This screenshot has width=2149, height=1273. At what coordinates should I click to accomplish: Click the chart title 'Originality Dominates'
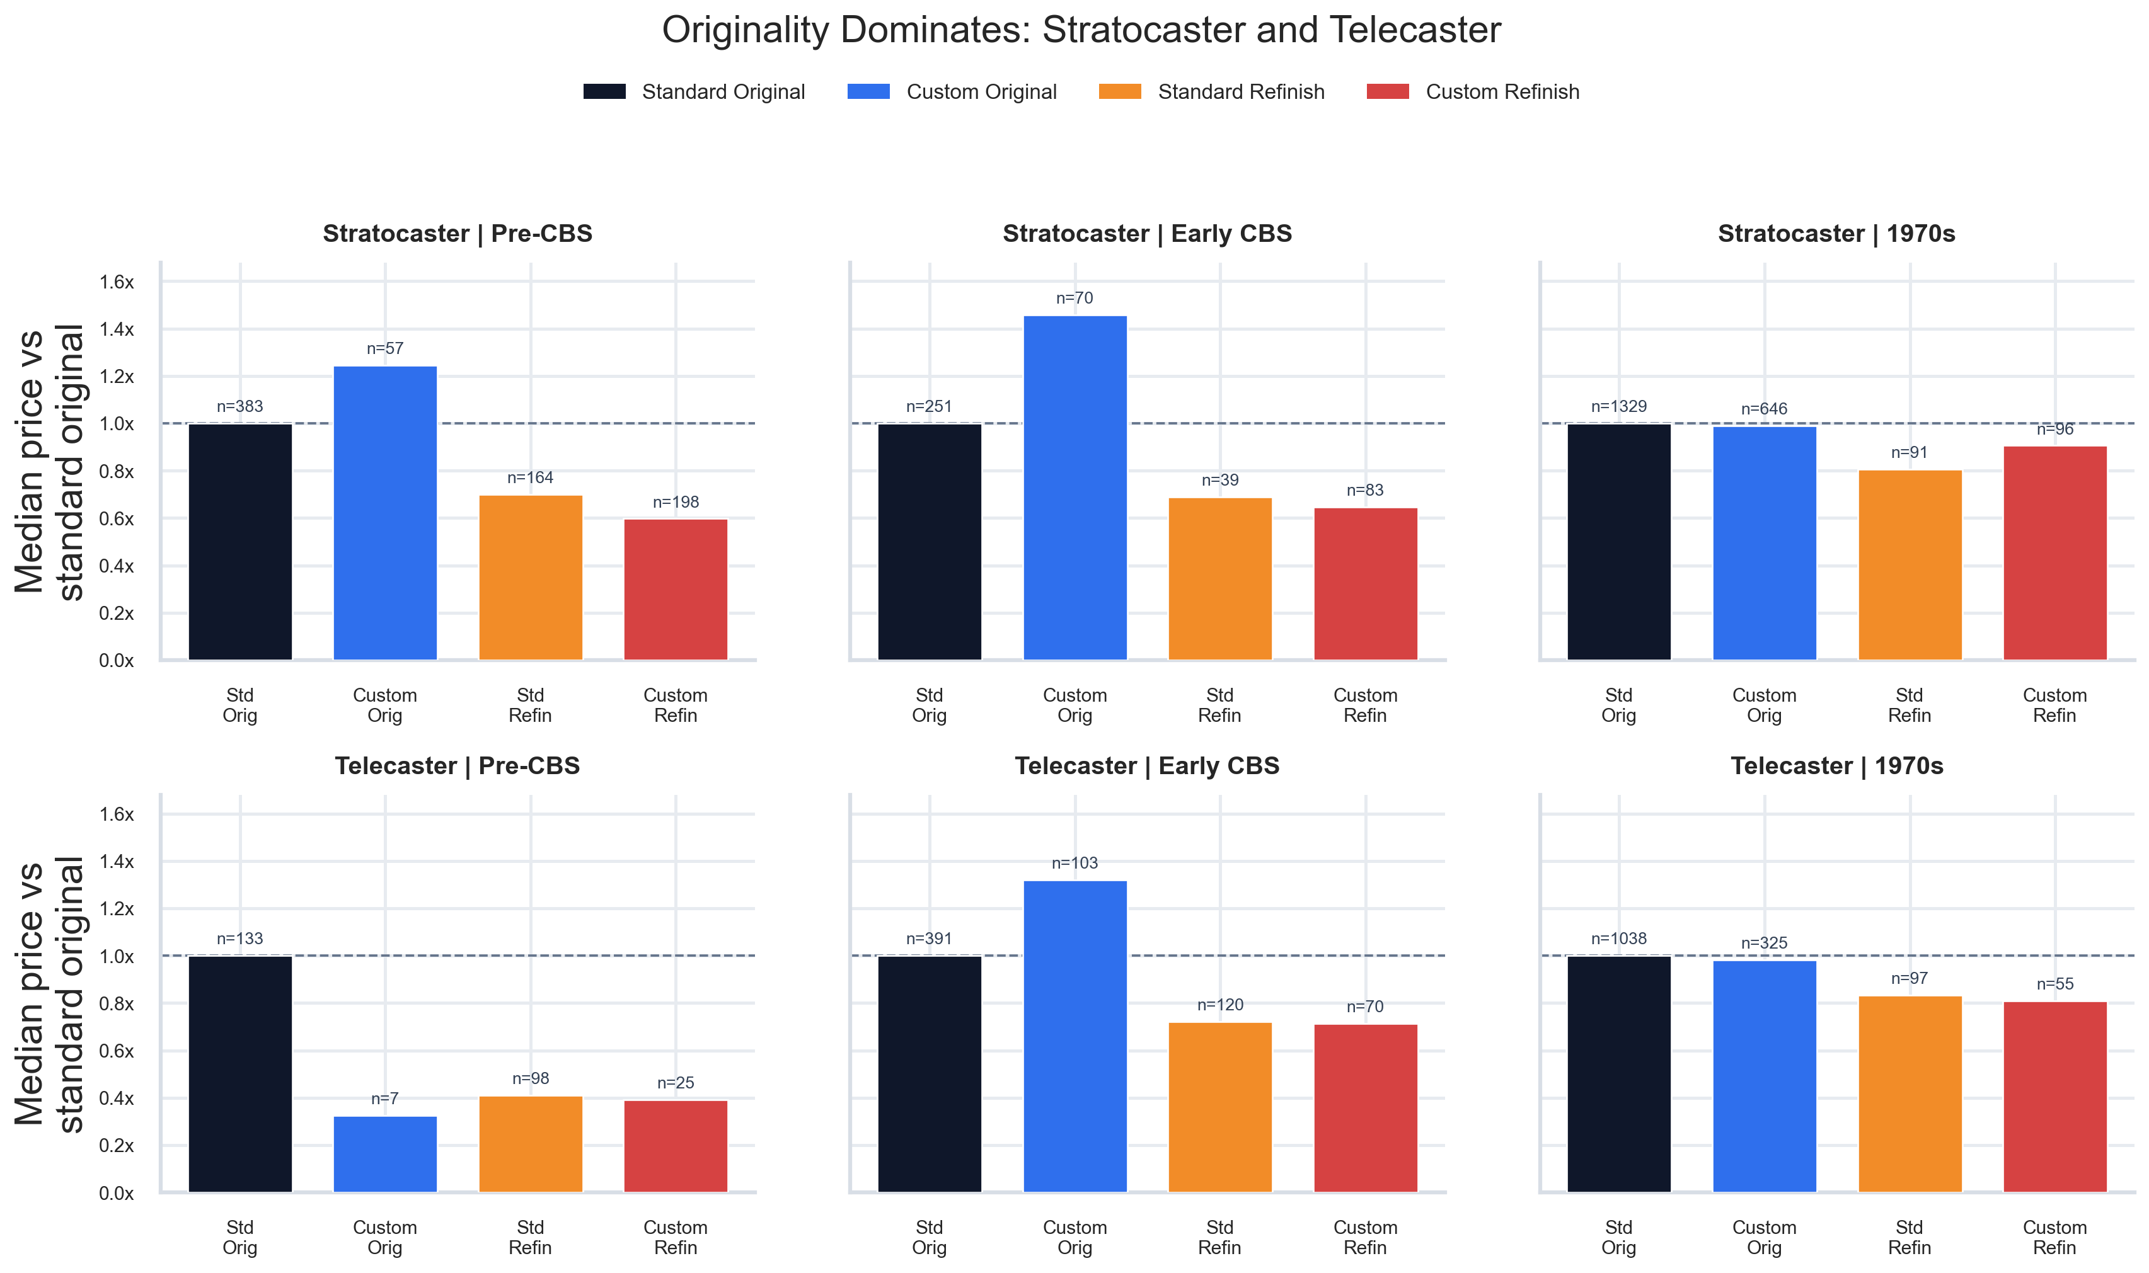click(1081, 31)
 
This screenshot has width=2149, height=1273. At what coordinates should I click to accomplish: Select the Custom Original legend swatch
click(868, 92)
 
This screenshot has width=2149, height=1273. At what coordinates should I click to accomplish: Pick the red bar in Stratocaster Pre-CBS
click(676, 590)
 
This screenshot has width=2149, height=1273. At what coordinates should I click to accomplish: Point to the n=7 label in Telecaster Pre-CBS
click(384, 1099)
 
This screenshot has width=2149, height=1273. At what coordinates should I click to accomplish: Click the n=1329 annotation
click(1618, 407)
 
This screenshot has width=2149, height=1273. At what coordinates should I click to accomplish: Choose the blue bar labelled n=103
click(1074, 1036)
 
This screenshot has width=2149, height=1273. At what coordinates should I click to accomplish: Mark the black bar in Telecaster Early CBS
click(930, 1074)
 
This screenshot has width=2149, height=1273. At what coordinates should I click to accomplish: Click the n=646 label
click(1764, 409)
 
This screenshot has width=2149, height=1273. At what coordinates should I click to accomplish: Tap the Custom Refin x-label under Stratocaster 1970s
click(2054, 705)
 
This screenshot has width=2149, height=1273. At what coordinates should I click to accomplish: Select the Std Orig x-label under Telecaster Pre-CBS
click(239, 1237)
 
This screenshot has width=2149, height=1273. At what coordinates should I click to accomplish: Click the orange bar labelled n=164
click(531, 578)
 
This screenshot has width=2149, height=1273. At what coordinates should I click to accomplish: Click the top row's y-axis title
click(50, 462)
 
